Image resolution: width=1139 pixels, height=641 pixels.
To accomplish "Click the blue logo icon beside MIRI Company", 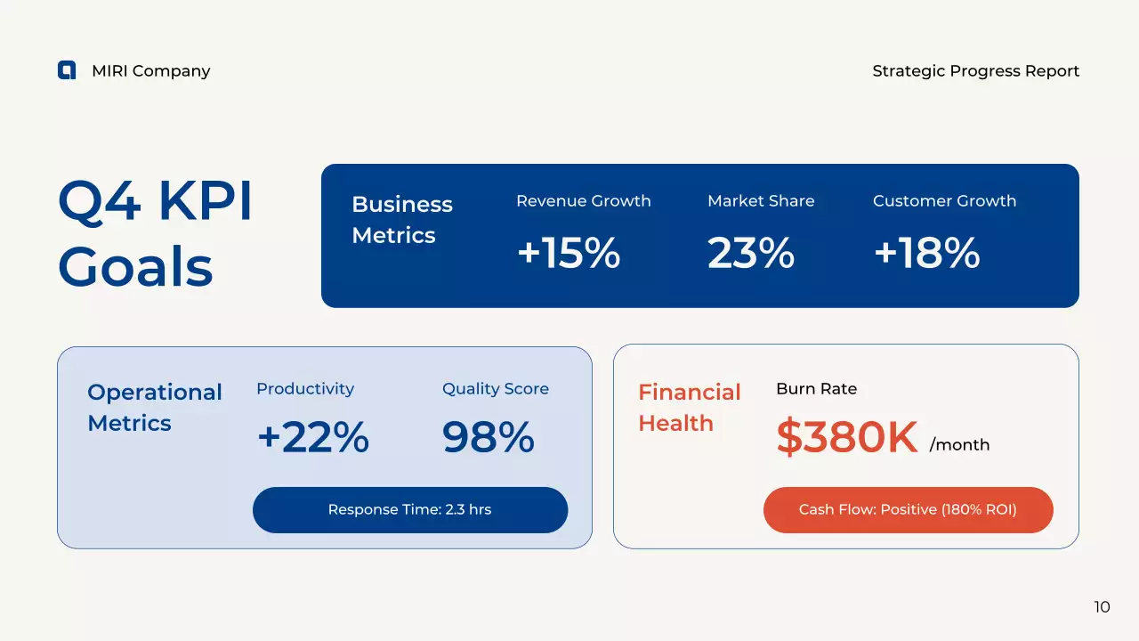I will tap(67, 70).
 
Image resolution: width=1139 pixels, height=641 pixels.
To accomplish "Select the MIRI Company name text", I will tap(150, 71).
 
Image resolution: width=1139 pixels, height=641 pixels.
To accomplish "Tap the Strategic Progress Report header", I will tap(975, 71).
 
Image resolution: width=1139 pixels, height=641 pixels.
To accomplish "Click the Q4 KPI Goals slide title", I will tap(156, 234).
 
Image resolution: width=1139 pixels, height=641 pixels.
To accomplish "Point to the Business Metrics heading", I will tap(402, 220).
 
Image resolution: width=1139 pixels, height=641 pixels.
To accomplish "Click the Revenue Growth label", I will tap(583, 201).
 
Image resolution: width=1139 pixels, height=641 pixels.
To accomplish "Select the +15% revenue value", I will tap(568, 253).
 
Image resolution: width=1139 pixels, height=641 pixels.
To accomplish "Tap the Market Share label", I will tap(760, 201).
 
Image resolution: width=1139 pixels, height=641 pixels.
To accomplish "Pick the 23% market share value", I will tap(750, 253).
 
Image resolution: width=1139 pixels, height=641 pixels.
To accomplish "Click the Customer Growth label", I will tap(944, 201).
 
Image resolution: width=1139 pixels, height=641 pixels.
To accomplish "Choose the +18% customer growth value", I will tap(926, 253).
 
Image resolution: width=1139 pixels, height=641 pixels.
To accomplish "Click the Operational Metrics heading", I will tap(155, 408).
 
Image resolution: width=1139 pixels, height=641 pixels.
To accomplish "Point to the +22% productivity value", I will tap(312, 437).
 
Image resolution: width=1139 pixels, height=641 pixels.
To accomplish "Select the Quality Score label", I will tap(495, 389).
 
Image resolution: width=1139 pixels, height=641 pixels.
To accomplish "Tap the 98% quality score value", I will tap(488, 437).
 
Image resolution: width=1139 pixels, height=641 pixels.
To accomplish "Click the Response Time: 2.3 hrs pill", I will tap(409, 510).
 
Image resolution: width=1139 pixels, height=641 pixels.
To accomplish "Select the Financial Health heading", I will tap(689, 408).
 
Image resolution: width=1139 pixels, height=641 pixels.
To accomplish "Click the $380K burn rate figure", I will tap(846, 437).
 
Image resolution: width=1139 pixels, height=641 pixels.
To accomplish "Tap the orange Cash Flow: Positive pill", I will tap(908, 510).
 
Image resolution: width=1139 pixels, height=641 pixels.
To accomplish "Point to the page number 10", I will tap(1102, 607).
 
